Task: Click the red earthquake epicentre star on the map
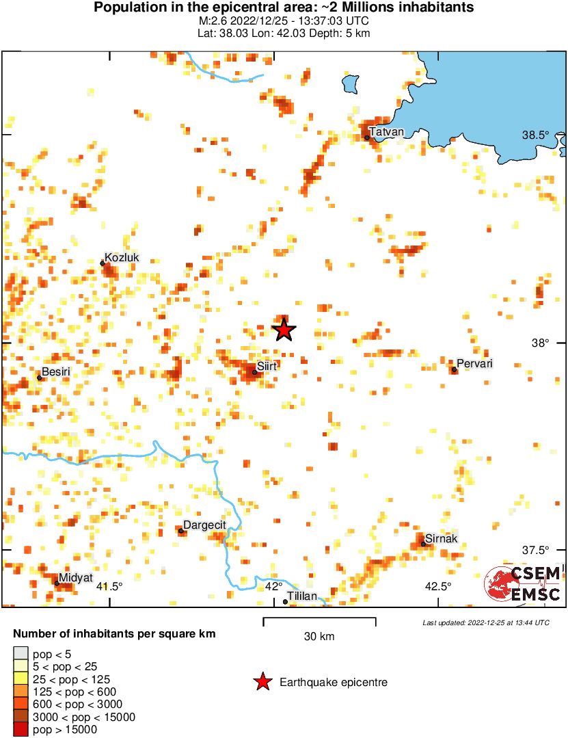[284, 330]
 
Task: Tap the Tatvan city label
[386, 131]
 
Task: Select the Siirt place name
[267, 367]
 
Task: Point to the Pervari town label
[474, 364]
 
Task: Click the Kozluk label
[122, 257]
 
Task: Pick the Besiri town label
[57, 371]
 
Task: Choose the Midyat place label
[75, 578]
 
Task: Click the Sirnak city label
[441, 539]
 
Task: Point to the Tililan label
[302, 596]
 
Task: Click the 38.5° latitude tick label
[536, 135]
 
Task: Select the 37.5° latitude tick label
[536, 550]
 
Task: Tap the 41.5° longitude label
[109, 586]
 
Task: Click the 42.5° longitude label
[437, 586]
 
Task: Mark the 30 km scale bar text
[319, 637]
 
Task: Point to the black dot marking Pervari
[454, 370]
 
